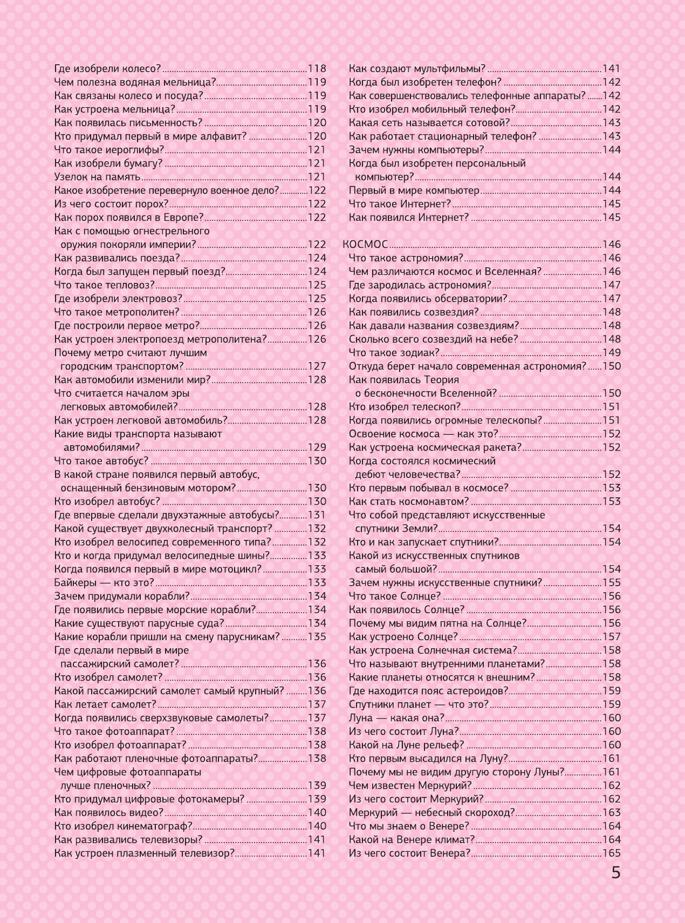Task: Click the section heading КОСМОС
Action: (x=365, y=245)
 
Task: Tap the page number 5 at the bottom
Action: (x=616, y=873)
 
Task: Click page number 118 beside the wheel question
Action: (x=317, y=68)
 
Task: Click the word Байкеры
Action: (x=76, y=582)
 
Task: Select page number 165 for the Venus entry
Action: (x=612, y=853)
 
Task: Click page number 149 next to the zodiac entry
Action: (x=612, y=353)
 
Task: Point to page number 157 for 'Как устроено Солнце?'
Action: (x=612, y=637)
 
